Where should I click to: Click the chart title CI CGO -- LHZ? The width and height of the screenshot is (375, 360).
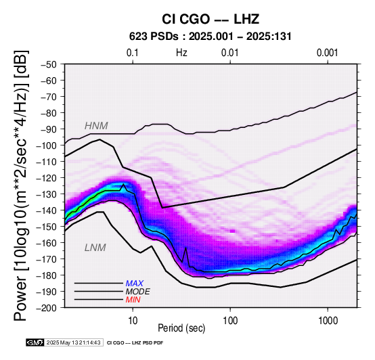(211, 19)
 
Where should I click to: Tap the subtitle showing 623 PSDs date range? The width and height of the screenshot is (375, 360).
(211, 37)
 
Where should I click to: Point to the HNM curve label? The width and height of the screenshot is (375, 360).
(96, 126)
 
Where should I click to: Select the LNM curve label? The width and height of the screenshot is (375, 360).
(95, 248)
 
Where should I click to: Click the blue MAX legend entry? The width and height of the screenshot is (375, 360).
(134, 284)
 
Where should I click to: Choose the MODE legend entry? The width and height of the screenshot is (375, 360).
(138, 292)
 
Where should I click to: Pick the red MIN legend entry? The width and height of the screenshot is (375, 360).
(133, 300)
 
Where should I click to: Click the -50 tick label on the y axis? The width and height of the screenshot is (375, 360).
(49, 64)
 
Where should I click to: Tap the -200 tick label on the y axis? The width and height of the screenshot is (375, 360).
(47, 308)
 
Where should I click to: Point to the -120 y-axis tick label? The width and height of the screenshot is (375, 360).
(47, 178)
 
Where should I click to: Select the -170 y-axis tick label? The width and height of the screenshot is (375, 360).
(47, 259)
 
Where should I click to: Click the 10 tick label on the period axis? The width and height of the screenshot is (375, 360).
(133, 321)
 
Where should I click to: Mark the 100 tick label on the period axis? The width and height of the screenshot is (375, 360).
(230, 321)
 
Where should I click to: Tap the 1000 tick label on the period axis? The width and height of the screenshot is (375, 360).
(328, 321)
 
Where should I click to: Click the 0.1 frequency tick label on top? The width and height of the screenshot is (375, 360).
(133, 53)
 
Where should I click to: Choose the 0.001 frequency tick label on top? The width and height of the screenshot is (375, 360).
(327, 53)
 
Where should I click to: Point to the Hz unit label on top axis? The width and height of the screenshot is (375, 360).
(181, 53)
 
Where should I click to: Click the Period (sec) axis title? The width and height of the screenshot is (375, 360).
(181, 328)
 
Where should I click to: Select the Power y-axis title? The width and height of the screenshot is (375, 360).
(20, 186)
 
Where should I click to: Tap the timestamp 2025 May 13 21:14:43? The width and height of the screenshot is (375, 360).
(73, 342)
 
